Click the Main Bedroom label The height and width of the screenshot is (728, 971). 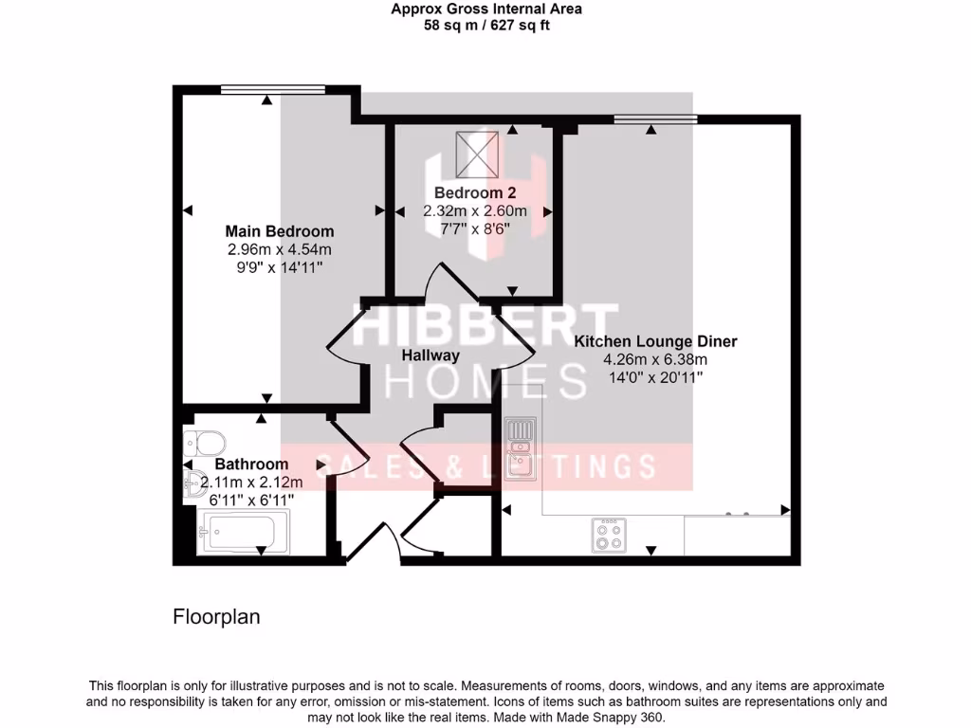[x=279, y=231]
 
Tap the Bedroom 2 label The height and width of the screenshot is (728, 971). [x=474, y=192]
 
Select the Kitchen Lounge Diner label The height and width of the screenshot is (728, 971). [x=655, y=341]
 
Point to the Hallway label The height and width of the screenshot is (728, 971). [x=431, y=355]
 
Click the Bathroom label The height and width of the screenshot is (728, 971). [x=251, y=464]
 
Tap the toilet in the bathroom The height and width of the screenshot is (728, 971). [x=206, y=442]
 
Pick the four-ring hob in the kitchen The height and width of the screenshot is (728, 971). [x=608, y=535]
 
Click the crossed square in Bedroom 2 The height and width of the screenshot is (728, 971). [x=477, y=154]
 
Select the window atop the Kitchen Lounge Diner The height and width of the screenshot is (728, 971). [x=655, y=119]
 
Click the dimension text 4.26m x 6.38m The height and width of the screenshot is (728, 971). [x=655, y=359]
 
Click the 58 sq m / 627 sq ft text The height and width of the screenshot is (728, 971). [x=486, y=26]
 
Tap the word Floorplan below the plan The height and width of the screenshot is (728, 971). [x=216, y=617]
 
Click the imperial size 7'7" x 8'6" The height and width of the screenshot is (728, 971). [x=474, y=228]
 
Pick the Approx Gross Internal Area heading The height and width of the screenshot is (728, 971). [x=486, y=9]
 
